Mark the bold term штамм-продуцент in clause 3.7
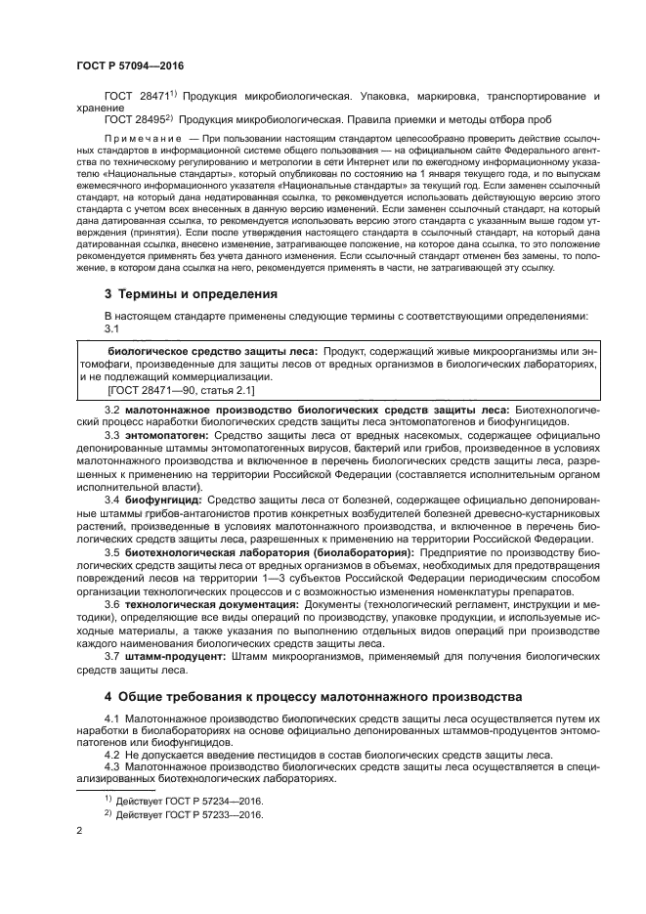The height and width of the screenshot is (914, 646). coord(175,657)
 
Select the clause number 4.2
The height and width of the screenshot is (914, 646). coord(112,757)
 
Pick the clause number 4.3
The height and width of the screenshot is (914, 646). coord(112,769)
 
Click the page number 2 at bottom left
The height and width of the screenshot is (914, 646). coord(79,832)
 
